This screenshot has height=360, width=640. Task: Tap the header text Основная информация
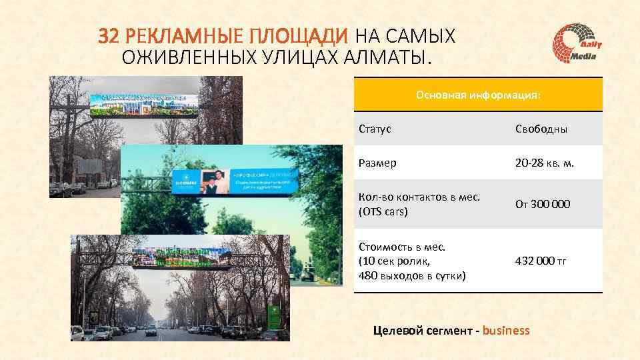pos(478,95)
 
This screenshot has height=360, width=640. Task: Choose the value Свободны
pos(541,129)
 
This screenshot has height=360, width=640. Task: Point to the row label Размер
pos(377,163)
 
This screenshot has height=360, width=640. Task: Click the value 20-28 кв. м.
pos(545,163)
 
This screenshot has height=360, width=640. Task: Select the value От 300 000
pos(542,204)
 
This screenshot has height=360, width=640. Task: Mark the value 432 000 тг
pos(541,261)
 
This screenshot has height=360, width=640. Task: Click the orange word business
pos(506,330)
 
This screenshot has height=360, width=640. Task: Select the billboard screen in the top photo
pos(145,104)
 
